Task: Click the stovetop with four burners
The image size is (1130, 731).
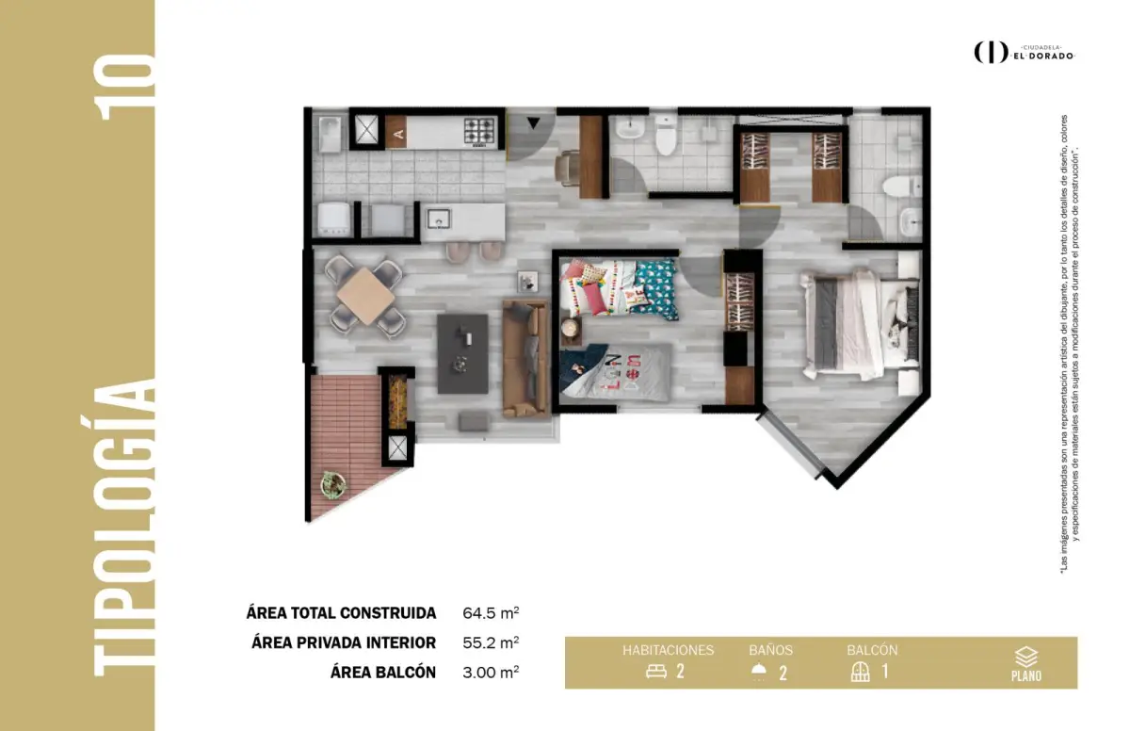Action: click(478, 131)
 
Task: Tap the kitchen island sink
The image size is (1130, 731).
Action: click(439, 219)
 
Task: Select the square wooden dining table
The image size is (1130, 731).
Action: click(365, 296)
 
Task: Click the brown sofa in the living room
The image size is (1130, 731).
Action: click(525, 359)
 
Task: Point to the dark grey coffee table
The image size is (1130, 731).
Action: click(462, 353)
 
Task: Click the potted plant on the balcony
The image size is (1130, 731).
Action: click(333, 485)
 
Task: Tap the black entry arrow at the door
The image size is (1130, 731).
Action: click(534, 122)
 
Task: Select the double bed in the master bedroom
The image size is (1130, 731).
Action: click(860, 323)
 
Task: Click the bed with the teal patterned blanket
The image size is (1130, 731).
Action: click(619, 287)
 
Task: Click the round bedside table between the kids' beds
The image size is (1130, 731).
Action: click(571, 329)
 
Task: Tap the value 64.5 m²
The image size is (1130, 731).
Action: click(491, 613)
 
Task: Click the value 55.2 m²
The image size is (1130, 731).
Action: click(491, 642)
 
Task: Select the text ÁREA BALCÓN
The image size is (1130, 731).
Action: click(383, 673)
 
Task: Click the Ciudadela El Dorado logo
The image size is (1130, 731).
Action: click(1025, 53)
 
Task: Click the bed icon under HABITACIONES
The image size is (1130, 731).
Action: click(655, 672)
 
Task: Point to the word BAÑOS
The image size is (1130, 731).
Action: click(770, 650)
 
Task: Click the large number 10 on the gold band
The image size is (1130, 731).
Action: click(124, 88)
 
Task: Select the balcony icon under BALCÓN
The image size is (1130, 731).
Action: click(860, 672)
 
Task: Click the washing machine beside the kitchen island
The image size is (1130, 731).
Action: click(334, 219)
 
